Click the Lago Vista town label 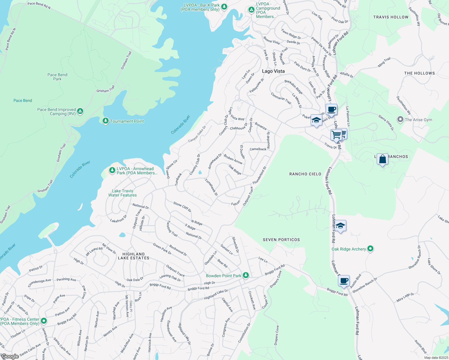[273, 71]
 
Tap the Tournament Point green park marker [105, 121]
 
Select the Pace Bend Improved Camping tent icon [80, 111]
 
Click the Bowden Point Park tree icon [246, 275]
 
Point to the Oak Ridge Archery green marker [370, 248]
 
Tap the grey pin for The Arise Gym [400, 119]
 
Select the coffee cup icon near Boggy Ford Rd [344, 281]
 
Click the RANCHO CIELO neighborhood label [305, 174]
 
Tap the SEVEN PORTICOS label [281, 240]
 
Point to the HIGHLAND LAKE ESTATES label [134, 256]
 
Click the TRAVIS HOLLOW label [391, 17]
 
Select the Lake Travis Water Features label [122, 193]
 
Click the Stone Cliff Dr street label [182, 207]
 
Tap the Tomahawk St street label [211, 187]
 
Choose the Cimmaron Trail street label [281, 98]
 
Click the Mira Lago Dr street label [405, 298]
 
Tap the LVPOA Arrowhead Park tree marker [112, 170]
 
